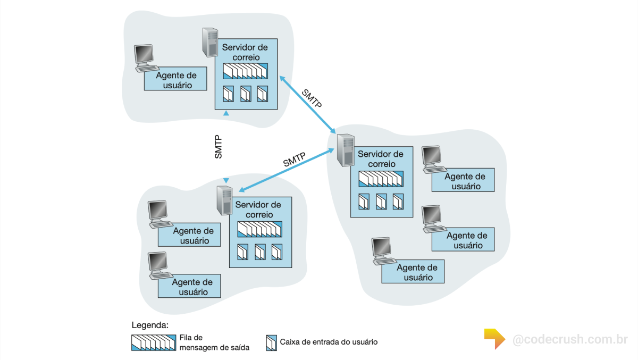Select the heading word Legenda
coord(150,325)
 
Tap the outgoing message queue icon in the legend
coord(153,342)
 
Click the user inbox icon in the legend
coord(271,342)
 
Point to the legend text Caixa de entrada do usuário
coord(329,342)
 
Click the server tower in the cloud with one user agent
coord(210,43)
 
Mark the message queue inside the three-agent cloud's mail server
coord(381,179)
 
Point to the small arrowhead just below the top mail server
coord(226,113)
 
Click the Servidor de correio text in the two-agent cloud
coord(258,209)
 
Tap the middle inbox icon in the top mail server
coord(246,94)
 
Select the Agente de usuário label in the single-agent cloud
coord(176,80)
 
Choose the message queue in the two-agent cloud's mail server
coord(259,229)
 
